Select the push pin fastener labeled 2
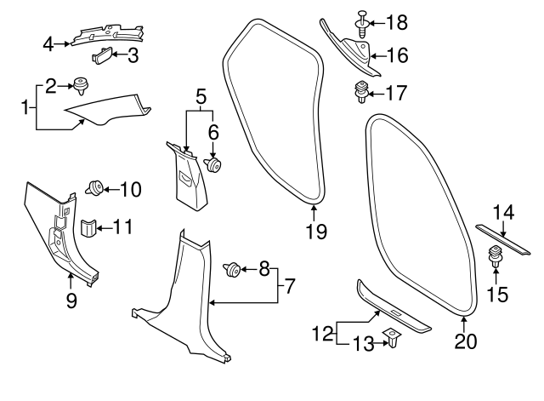coord(82,86)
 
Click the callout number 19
coord(314,229)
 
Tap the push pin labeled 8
coord(231,271)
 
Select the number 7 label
coord(289,287)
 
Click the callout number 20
coord(466,341)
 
